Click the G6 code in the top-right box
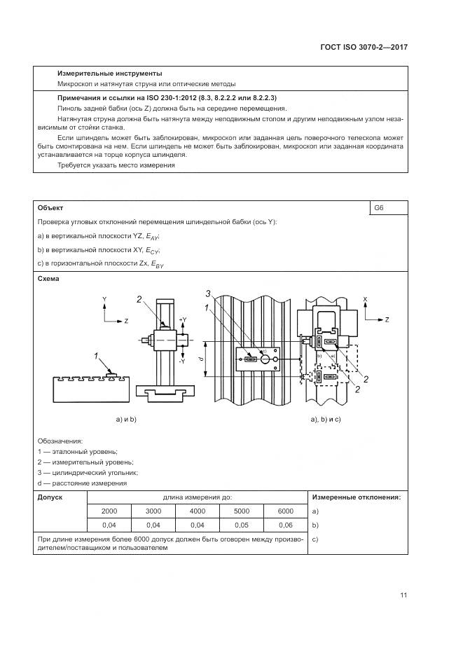click(379, 208)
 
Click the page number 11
click(403, 595)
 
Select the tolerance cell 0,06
click(286, 524)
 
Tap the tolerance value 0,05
click(242, 524)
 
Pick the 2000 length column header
click(109, 511)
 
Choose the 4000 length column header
click(198, 511)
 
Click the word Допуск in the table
click(49, 497)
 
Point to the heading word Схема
click(48, 278)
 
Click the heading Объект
click(50, 208)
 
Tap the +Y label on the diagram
click(182, 319)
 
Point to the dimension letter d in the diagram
click(201, 359)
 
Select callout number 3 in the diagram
click(208, 293)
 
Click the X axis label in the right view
click(366, 299)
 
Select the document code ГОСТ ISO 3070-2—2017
click(364, 47)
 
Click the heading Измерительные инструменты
click(109, 73)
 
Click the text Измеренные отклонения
click(357, 497)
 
